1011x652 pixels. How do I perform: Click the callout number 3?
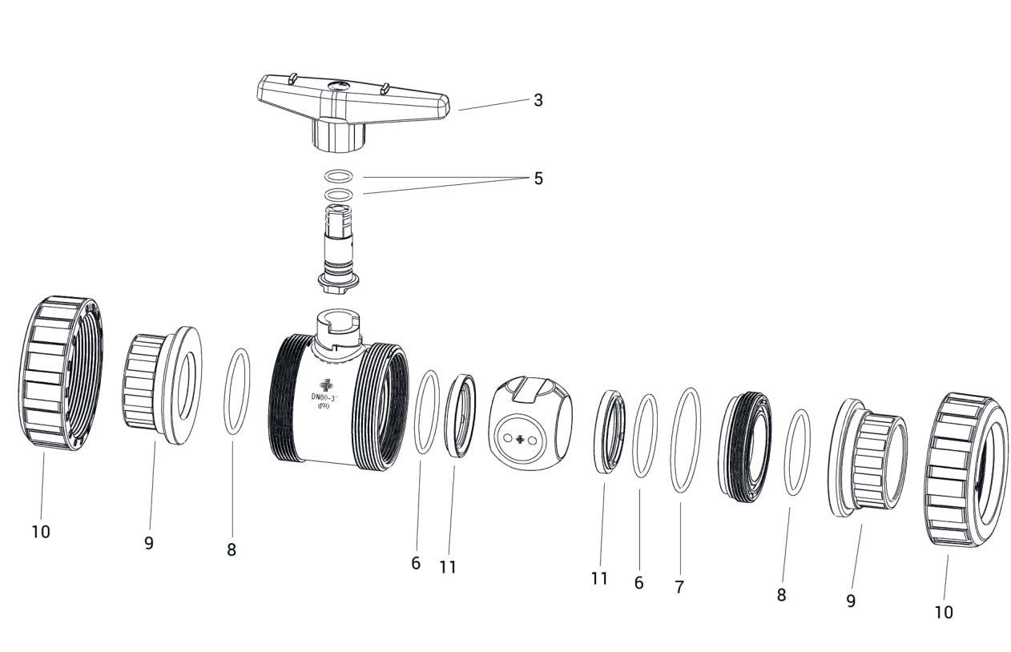538,100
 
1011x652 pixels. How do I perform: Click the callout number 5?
538,179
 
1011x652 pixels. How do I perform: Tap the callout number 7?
679,587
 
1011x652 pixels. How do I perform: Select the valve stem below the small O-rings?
338,250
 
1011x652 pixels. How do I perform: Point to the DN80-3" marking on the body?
324,397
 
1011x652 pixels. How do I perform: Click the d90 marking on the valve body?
324,406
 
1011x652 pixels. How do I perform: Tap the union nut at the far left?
60,373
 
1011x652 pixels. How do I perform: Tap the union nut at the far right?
965,469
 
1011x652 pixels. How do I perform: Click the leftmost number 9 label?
149,543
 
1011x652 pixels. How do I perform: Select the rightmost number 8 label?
781,594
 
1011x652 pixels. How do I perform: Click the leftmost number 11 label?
448,567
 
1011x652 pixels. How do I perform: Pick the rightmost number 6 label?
638,583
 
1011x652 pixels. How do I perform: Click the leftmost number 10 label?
41,532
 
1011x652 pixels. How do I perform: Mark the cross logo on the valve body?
326,385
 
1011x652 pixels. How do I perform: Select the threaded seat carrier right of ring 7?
744,447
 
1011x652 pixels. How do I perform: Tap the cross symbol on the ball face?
520,439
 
